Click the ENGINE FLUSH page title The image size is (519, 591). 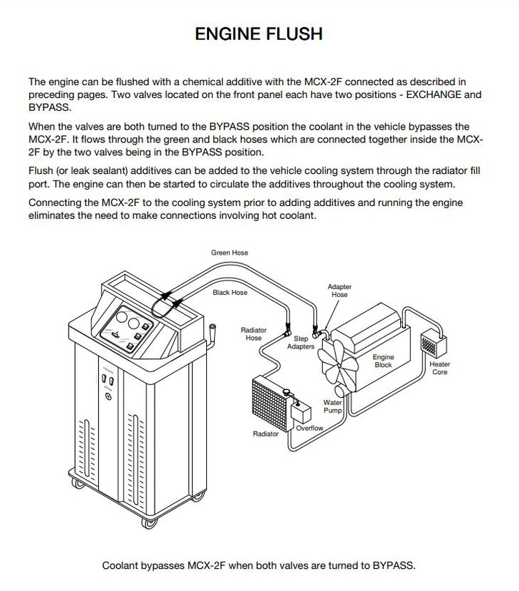(x=258, y=34)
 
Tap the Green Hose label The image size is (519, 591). (x=229, y=253)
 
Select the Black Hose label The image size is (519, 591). (x=230, y=293)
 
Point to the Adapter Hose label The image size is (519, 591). (x=339, y=290)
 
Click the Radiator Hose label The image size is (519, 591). (x=253, y=334)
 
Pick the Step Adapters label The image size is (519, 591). (x=301, y=342)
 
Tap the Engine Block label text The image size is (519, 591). (x=383, y=361)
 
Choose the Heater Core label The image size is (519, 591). (x=440, y=368)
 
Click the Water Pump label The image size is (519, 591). (x=332, y=406)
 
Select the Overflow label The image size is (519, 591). (x=309, y=428)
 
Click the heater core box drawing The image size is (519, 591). (x=433, y=343)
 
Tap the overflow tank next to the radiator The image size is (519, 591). (x=301, y=412)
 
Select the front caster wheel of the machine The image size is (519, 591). (x=149, y=523)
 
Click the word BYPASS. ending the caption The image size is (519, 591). (x=394, y=565)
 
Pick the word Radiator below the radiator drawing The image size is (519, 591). (x=266, y=434)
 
